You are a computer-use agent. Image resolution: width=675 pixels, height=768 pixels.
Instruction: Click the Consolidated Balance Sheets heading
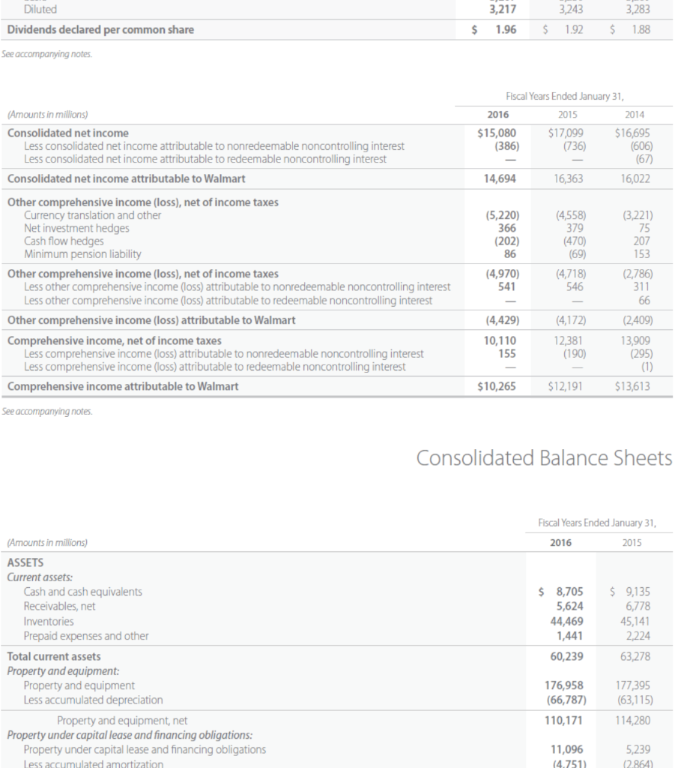(x=544, y=457)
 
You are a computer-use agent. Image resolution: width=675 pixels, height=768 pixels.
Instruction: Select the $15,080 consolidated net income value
(x=497, y=133)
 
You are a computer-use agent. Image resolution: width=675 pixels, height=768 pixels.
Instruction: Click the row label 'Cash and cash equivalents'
(x=82, y=592)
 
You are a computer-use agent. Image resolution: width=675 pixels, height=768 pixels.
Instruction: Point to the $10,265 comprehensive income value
(x=497, y=386)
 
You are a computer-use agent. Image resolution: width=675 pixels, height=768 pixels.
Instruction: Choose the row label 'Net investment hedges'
(x=76, y=228)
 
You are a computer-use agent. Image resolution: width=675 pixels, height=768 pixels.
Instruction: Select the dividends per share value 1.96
(x=503, y=30)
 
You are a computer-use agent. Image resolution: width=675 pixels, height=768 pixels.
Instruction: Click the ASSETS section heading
(x=25, y=562)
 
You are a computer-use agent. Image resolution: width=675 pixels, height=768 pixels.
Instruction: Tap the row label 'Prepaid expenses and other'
(x=86, y=636)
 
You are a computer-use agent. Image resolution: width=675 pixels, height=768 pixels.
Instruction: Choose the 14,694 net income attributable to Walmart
(x=499, y=179)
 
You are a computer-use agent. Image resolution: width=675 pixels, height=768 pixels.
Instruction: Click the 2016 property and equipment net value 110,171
(x=561, y=721)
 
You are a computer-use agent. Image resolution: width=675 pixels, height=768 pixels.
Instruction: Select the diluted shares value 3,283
(x=637, y=10)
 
